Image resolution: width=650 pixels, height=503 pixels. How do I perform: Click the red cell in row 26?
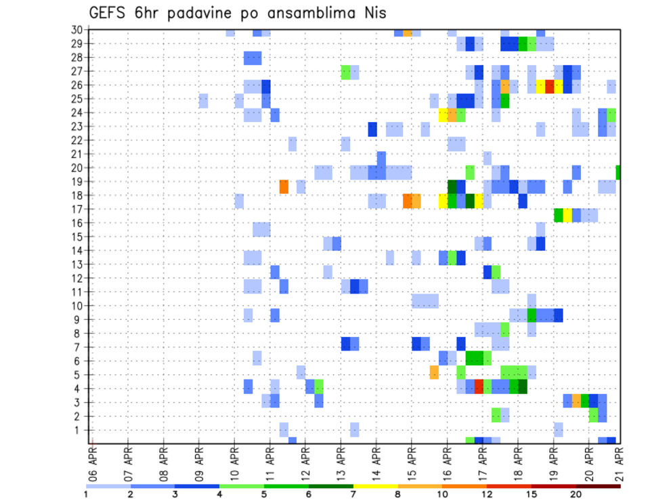pyautogui.click(x=550, y=86)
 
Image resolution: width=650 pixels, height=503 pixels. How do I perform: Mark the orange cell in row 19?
pyautogui.click(x=284, y=186)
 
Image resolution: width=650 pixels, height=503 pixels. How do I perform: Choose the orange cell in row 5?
pyautogui.click(x=434, y=372)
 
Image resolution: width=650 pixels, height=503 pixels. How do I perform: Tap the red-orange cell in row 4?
pyautogui.click(x=479, y=386)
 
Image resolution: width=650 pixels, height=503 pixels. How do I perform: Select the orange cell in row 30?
pyautogui.click(x=408, y=32)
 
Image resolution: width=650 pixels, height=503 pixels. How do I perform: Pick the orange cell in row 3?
pyautogui.click(x=576, y=400)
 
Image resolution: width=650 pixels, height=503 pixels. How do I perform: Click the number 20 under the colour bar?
pyautogui.click(x=576, y=494)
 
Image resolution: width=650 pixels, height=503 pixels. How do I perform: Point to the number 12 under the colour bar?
pyautogui.click(x=487, y=494)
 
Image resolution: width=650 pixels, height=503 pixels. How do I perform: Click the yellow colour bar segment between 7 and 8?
pyautogui.click(x=376, y=485)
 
